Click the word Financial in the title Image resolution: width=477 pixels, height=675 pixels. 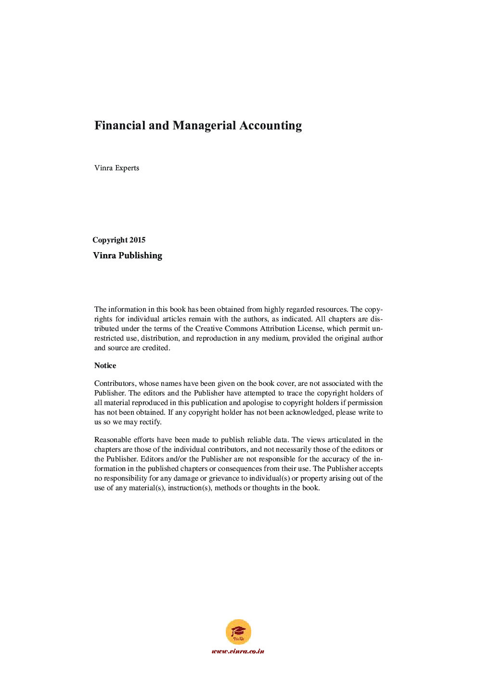tap(120, 126)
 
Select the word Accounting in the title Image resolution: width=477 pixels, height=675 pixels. tap(271, 126)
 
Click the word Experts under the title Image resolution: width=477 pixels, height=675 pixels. tap(127, 168)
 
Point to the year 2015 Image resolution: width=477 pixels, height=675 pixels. tap(137, 240)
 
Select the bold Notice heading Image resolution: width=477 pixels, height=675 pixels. tap(105, 366)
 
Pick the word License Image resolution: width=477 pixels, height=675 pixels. tap(309, 329)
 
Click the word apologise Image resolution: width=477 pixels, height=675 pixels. tap(258, 403)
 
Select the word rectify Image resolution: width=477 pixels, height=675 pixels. tap(150, 422)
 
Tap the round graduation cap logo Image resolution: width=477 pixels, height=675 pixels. tap(238, 632)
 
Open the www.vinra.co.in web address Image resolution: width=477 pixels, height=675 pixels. tap(238, 651)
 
